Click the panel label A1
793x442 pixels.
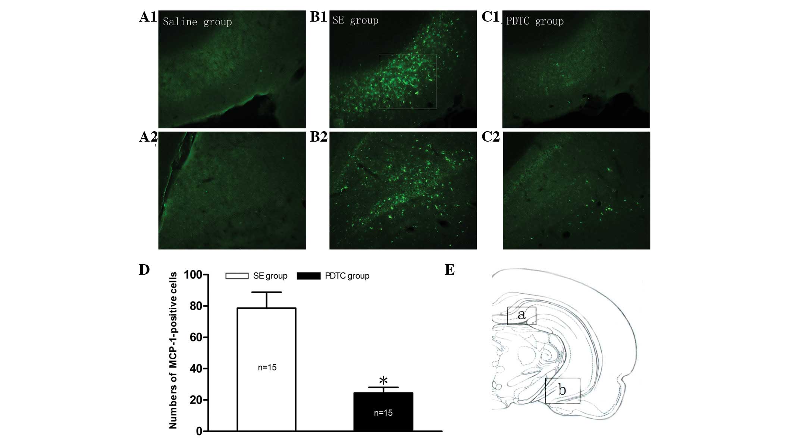pyautogui.click(x=148, y=17)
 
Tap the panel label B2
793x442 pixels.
pyautogui.click(x=319, y=137)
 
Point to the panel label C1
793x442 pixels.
pyautogui.click(x=490, y=17)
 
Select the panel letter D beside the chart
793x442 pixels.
pyautogui.click(x=144, y=270)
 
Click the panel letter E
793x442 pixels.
pyautogui.click(x=450, y=270)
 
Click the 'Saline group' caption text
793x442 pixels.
pyautogui.click(x=197, y=22)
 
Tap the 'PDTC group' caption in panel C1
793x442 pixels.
pyautogui.click(x=535, y=21)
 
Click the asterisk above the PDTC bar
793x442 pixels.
pyautogui.click(x=383, y=381)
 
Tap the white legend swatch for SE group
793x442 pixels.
pyautogui.click(x=237, y=276)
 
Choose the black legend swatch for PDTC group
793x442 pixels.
pyautogui.click(x=308, y=276)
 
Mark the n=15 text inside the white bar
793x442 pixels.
pyautogui.click(x=267, y=367)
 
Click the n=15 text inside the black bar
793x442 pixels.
pyautogui.click(x=383, y=413)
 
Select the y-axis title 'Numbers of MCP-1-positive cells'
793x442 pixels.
pyautogui.click(x=173, y=350)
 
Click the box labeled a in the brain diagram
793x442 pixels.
pyautogui.click(x=521, y=316)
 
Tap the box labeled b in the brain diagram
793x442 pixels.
pyautogui.click(x=562, y=391)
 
